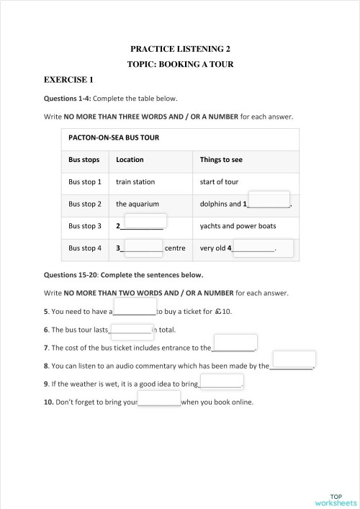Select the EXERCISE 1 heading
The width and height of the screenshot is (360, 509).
[69, 79]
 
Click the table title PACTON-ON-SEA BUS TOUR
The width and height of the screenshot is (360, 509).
[114, 137]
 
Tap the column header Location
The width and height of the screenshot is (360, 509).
[130, 159]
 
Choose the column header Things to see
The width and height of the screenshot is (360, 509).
[220, 159]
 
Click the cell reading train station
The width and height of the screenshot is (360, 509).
[135, 181]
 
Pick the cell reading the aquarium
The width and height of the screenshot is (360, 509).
[138, 204]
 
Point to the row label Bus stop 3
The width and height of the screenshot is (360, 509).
[85, 226]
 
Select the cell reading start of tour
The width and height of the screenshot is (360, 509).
[219, 181]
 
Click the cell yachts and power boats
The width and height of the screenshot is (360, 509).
[238, 226]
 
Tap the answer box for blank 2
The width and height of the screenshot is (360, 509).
[146, 221]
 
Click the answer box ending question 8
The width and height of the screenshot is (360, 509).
[294, 359]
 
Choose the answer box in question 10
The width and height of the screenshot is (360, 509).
[158, 398]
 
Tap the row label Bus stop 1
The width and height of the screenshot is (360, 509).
[85, 181]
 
